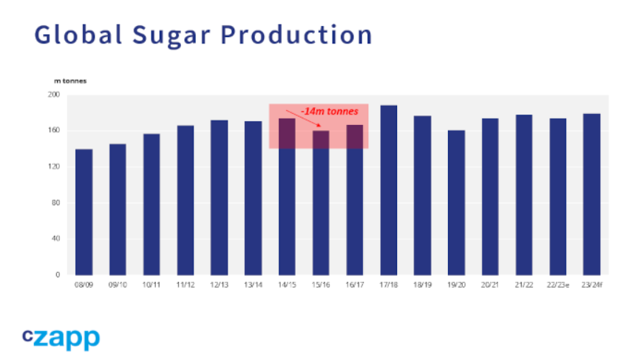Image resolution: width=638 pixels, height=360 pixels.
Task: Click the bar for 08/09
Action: (x=84, y=212)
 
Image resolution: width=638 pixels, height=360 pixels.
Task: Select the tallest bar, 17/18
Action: (x=389, y=190)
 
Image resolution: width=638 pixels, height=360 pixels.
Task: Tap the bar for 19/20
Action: (x=456, y=203)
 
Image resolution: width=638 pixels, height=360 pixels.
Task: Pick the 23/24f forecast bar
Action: (x=591, y=194)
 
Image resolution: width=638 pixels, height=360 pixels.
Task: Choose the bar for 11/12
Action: (x=186, y=200)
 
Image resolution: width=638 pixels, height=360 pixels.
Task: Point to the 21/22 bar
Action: (x=524, y=195)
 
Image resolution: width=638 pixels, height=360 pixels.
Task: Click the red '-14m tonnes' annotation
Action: (x=330, y=112)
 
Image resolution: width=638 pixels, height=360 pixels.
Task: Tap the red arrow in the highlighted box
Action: (x=303, y=118)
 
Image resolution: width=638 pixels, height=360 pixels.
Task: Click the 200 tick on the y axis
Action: (x=54, y=95)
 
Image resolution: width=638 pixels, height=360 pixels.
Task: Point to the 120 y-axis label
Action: (x=54, y=166)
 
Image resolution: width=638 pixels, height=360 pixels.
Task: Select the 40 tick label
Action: (x=55, y=238)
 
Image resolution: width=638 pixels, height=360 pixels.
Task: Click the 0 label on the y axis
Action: (x=58, y=274)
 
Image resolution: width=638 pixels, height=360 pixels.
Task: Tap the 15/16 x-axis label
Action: (x=321, y=285)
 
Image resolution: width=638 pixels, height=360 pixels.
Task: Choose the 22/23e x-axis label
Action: (x=558, y=285)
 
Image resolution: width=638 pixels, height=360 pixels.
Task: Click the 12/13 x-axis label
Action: (x=219, y=285)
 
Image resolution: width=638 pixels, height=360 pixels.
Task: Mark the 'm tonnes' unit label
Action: (x=70, y=81)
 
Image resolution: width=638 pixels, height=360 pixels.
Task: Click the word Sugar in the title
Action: (x=172, y=35)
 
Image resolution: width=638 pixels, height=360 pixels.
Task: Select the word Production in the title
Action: (x=296, y=35)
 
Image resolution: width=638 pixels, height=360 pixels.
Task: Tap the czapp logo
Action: (x=61, y=339)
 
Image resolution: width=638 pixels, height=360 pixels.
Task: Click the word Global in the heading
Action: (x=78, y=34)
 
